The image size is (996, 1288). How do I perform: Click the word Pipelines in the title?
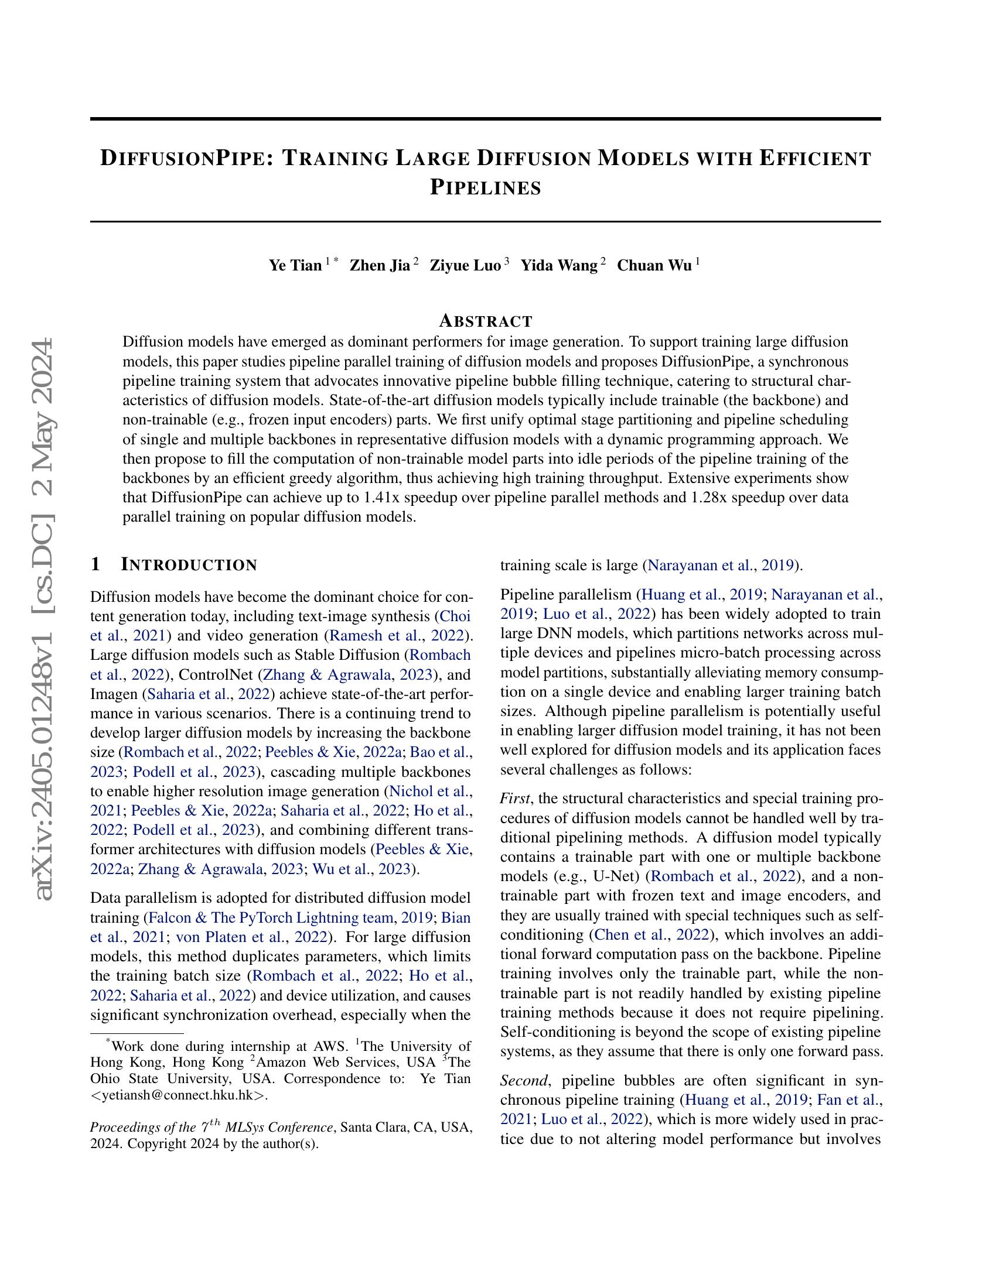pyautogui.click(x=485, y=188)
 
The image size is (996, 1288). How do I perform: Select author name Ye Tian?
pyautogui.click(x=295, y=265)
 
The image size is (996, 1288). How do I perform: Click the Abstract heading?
pyautogui.click(x=486, y=321)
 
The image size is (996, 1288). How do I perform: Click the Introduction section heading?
pyautogui.click(x=189, y=565)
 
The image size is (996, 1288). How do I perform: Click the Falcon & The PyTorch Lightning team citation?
pyautogui.click(x=271, y=918)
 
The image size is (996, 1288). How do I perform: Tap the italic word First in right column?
pyautogui.click(x=514, y=799)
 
